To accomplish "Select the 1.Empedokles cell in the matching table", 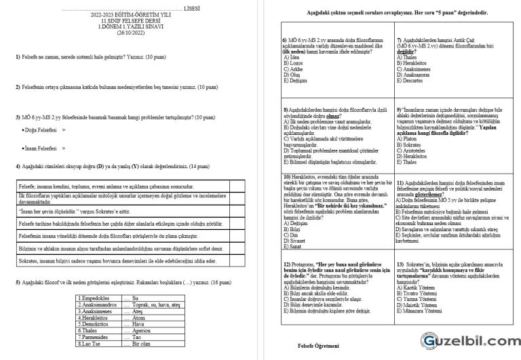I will click(98, 298).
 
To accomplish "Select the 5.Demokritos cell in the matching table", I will click(99, 324).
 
